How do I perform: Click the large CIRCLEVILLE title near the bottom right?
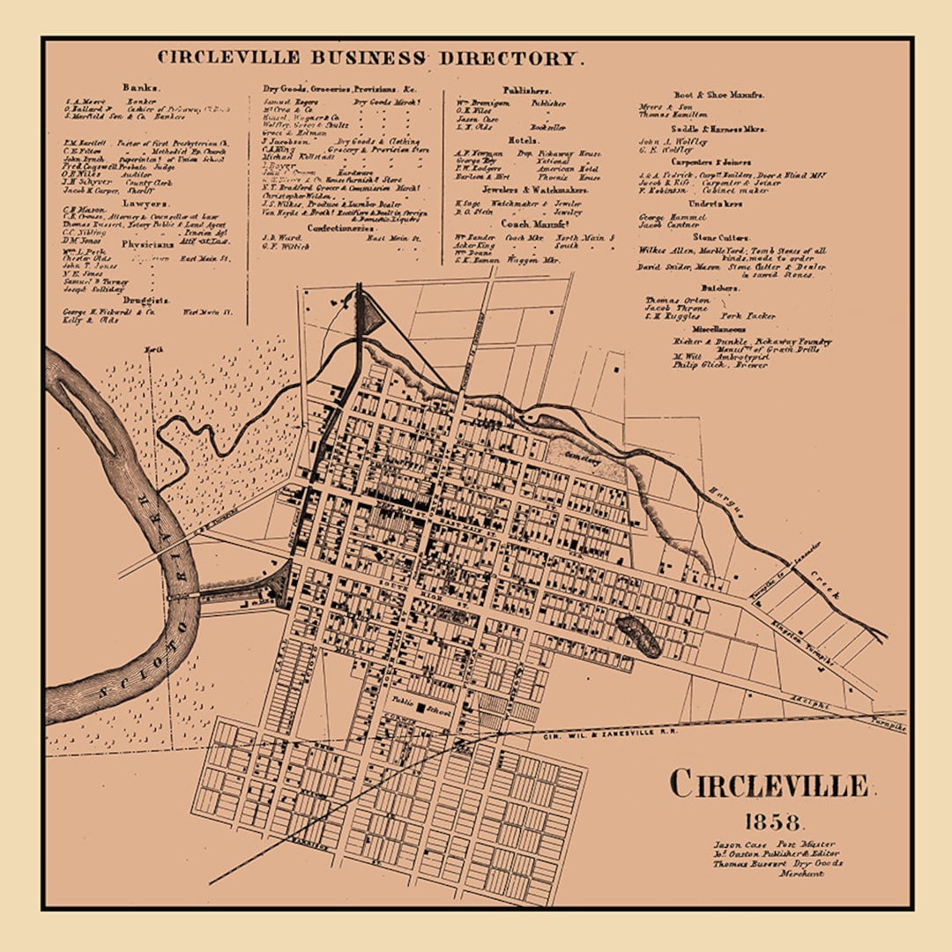click(x=769, y=784)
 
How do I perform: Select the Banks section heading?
click(x=141, y=88)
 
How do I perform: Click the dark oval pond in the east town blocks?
click(x=639, y=636)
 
